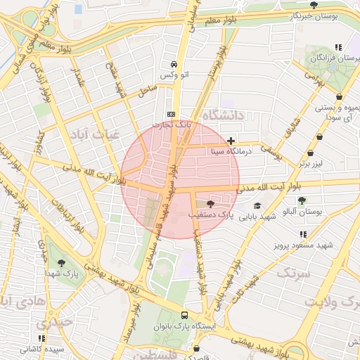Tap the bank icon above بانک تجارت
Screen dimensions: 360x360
pos(172,114)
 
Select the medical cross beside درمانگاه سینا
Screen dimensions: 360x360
pos(231,141)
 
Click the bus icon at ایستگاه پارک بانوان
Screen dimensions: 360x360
pos(184,315)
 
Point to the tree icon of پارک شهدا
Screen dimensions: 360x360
pos(62,262)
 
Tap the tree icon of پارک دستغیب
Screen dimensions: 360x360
pos(211,203)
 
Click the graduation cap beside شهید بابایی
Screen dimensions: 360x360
pos(258,205)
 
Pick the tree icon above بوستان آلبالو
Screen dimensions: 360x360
pos(302,200)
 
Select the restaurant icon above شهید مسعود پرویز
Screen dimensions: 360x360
pos(303,234)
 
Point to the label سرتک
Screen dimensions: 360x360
pos(294,273)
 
